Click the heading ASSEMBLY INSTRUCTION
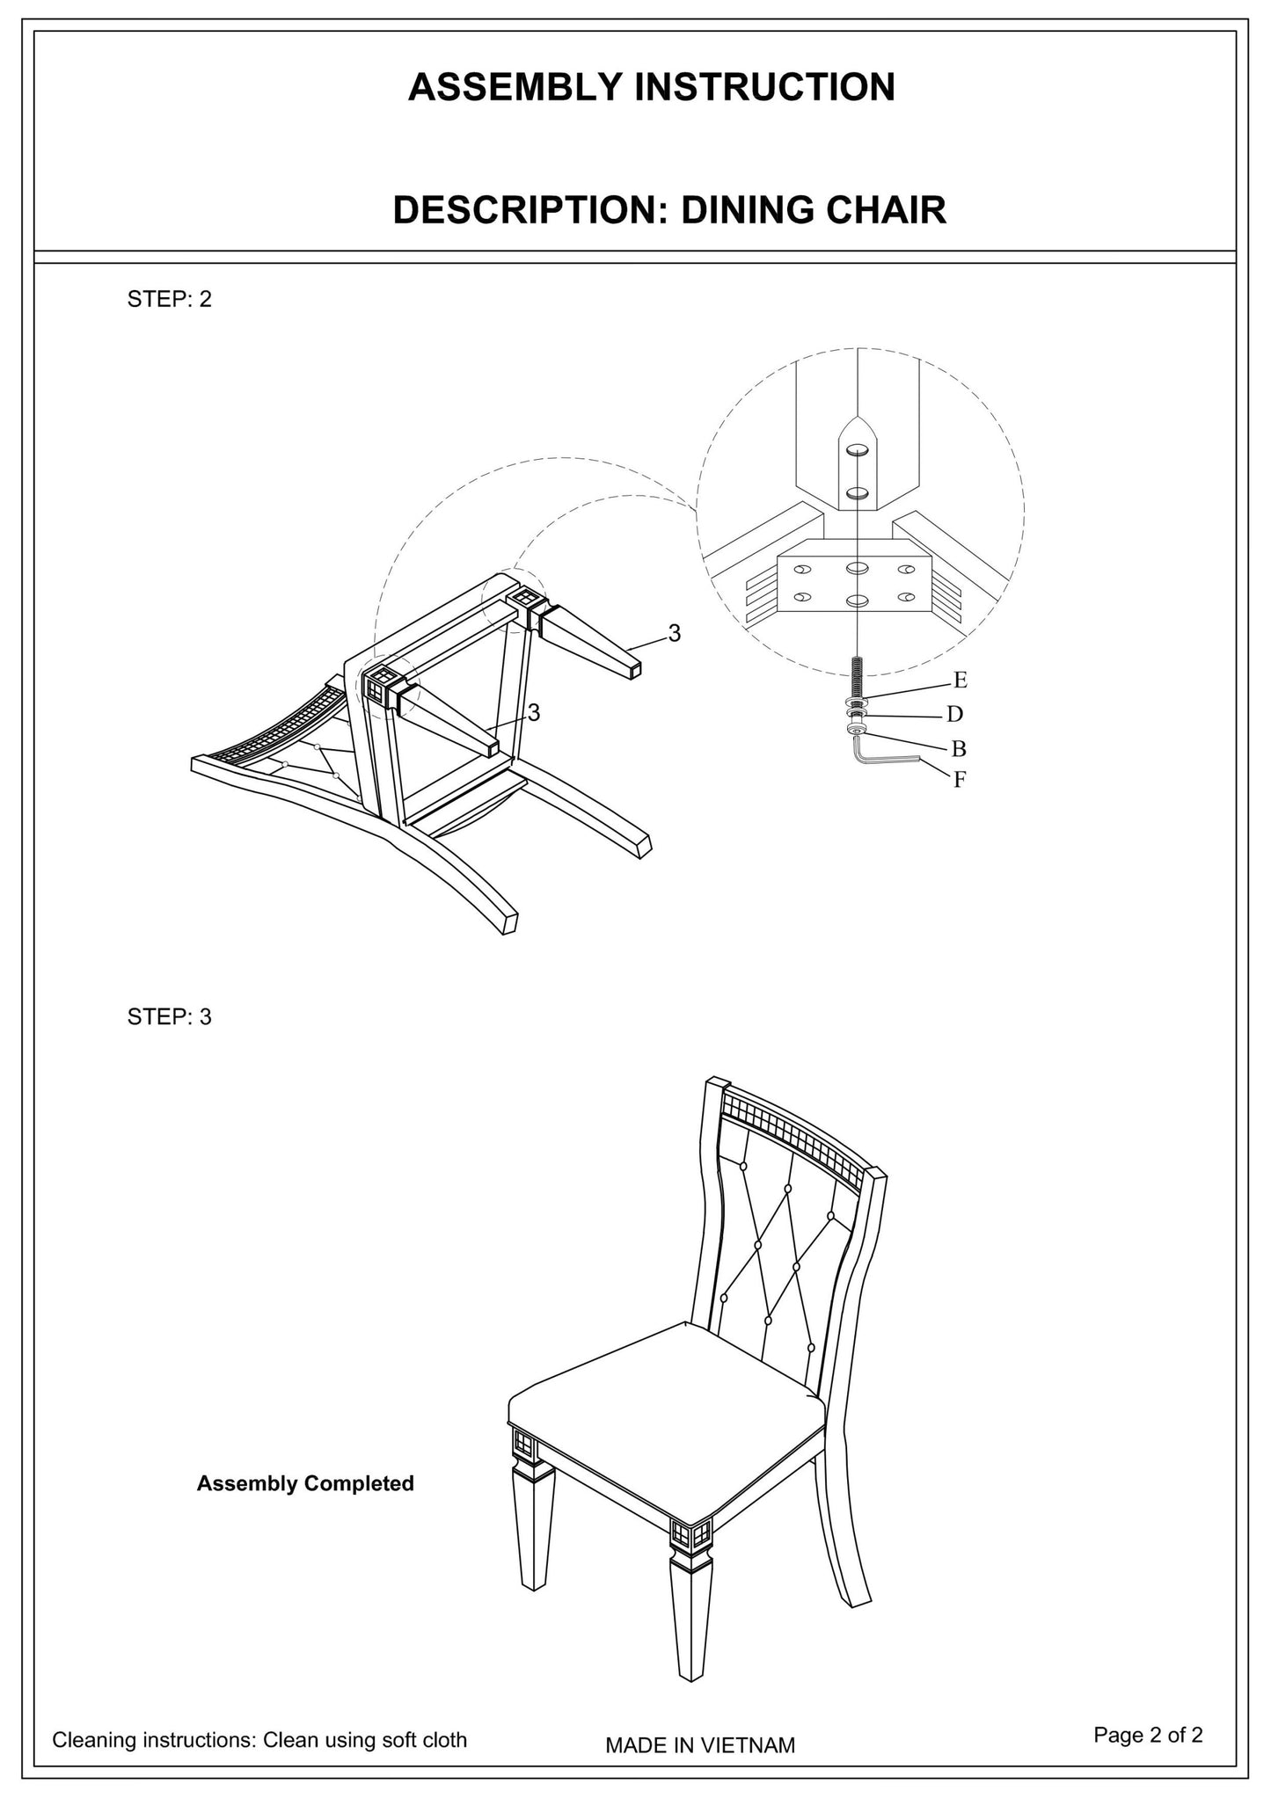(x=651, y=88)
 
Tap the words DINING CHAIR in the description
(x=814, y=211)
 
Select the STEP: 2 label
(x=170, y=299)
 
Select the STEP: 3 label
(x=170, y=1017)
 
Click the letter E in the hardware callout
(x=960, y=680)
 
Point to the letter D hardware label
(x=954, y=714)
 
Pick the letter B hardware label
(x=959, y=748)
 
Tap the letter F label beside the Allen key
(x=960, y=779)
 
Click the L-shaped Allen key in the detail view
(x=880, y=758)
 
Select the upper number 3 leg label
(x=674, y=633)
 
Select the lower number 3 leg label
(x=533, y=713)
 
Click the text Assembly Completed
(x=305, y=1483)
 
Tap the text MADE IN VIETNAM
(x=699, y=1745)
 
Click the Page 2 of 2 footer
(x=1148, y=1734)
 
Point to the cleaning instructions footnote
(x=259, y=1739)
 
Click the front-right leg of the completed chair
(x=690, y=1618)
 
